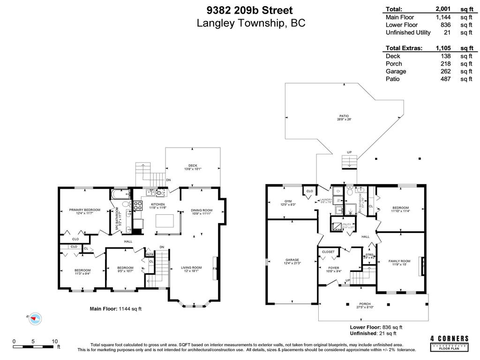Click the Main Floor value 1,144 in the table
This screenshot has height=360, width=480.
point(444,17)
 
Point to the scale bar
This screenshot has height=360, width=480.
point(35,347)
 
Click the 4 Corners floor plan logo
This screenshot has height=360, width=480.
point(449,343)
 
